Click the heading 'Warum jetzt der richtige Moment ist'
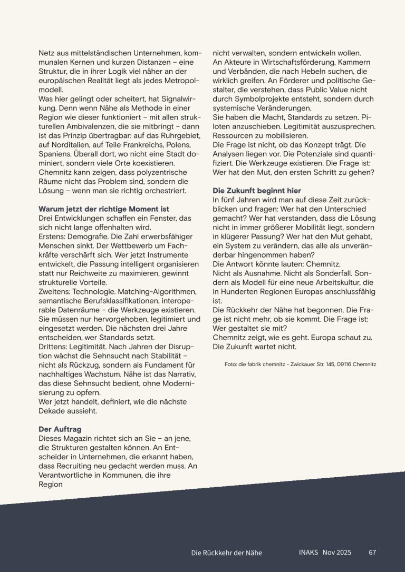pyautogui.click(x=104, y=209)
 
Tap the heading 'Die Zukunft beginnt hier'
pyautogui.click(x=257, y=190)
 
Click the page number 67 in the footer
pyautogui.click(x=372, y=552)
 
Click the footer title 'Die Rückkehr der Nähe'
pyautogui.click(x=226, y=553)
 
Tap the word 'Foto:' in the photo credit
pyautogui.click(x=230, y=364)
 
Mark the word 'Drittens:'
pyautogui.click(x=56, y=346)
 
